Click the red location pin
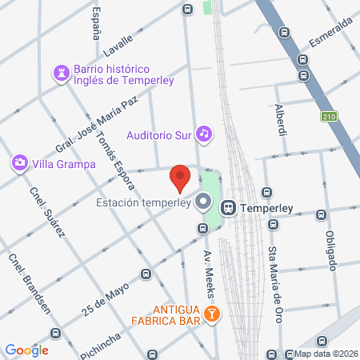coord(180,177)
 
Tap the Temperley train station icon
coord(229,207)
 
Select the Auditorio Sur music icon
coord(204,134)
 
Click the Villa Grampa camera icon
coord(18,164)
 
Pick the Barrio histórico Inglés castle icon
coord(61,74)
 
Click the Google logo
coord(26,350)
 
